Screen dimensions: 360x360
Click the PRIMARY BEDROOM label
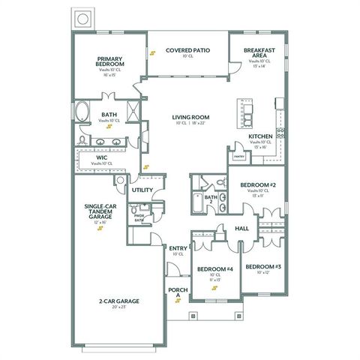[x=111, y=61]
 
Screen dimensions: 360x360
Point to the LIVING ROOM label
[x=190, y=118]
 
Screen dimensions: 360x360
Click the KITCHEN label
[x=259, y=136]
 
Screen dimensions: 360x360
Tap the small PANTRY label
[x=239, y=156]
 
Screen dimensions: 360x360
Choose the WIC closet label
[x=101, y=157]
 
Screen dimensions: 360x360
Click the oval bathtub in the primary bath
[x=84, y=114]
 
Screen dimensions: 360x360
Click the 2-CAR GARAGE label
[x=118, y=301]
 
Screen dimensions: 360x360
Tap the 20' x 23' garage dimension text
[x=118, y=307]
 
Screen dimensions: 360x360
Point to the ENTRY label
[x=178, y=248]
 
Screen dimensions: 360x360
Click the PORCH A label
[x=177, y=292]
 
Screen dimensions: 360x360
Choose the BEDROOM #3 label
[x=263, y=267]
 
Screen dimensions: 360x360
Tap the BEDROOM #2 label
[x=258, y=184]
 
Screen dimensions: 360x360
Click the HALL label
[x=241, y=228]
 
